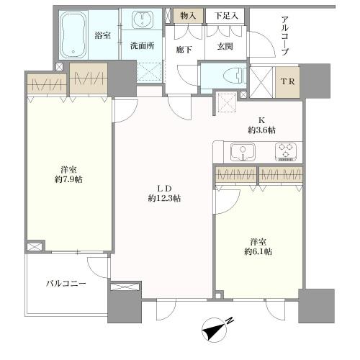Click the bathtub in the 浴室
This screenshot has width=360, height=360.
click(x=73, y=35)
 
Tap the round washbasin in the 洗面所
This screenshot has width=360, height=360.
click(x=143, y=19)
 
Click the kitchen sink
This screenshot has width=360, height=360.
click(x=243, y=152)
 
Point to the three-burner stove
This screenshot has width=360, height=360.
click(x=286, y=152)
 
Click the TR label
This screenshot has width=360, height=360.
click(x=287, y=82)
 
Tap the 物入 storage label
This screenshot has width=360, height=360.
click(x=188, y=16)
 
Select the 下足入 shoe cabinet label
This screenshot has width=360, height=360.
click(x=226, y=16)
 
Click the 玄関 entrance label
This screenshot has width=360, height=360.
click(x=225, y=46)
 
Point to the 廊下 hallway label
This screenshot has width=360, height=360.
click(x=184, y=50)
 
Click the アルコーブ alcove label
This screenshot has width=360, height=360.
click(x=284, y=36)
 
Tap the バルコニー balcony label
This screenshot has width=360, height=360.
click(x=66, y=284)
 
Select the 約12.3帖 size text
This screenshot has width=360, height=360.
click(x=164, y=199)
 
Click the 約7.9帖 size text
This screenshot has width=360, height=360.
click(x=68, y=179)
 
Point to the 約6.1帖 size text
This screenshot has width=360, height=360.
click(x=258, y=251)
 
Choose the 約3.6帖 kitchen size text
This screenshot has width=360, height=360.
click(x=261, y=130)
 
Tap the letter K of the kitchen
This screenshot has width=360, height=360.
click(x=261, y=120)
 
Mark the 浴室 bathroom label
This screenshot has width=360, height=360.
click(x=103, y=35)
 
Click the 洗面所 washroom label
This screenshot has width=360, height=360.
click(x=143, y=45)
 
